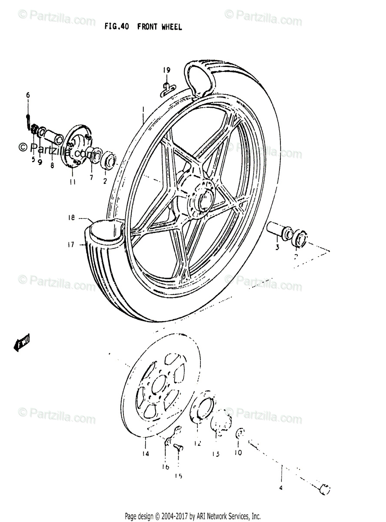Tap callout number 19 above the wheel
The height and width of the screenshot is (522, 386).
pos(167,70)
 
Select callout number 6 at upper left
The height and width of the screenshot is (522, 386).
pos(28,95)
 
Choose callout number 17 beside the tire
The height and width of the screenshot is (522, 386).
pos(71,244)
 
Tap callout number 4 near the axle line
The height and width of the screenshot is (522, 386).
pos(281,488)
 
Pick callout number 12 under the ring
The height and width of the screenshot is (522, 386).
pos(198,444)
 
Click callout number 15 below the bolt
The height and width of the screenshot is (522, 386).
pos(179,476)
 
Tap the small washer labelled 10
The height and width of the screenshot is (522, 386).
pos(240,434)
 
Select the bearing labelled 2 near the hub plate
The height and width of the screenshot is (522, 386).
pos(108,160)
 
